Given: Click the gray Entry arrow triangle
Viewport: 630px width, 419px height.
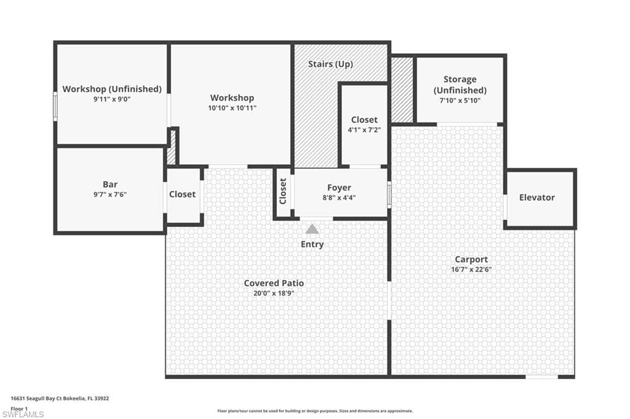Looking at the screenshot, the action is tap(312, 229).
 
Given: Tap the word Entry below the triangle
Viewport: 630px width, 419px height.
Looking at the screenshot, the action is tap(312, 244).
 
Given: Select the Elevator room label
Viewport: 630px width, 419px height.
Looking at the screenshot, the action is tap(536, 197).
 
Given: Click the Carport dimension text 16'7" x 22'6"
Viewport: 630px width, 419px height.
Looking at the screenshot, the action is tap(471, 269).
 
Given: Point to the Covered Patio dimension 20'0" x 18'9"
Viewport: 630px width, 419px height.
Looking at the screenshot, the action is tap(274, 293).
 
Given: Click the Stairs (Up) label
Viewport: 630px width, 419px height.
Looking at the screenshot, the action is tap(330, 65).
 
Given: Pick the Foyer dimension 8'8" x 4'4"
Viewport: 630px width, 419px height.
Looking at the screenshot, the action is tap(339, 197).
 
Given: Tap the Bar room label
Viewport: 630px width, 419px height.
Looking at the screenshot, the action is tap(110, 184).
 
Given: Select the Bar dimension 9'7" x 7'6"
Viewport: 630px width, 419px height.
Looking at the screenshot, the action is tap(110, 194).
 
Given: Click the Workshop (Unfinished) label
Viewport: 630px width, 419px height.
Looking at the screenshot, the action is tap(112, 88).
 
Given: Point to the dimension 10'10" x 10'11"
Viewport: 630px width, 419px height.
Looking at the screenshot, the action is tap(232, 108).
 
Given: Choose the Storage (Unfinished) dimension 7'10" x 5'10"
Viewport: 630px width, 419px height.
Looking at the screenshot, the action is tap(460, 100).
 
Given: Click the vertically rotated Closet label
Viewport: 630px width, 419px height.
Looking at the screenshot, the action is tap(283, 191).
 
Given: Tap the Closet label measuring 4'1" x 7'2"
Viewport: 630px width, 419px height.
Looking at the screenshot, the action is tap(364, 120).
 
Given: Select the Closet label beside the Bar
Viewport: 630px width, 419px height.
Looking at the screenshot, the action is tap(182, 194).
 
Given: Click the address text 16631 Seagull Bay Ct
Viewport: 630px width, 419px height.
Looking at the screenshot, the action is tap(48, 399).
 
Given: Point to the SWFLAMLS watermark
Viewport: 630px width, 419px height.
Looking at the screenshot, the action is tap(23, 414).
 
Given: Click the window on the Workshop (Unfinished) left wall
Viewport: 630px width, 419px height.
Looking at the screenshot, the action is tap(55, 106).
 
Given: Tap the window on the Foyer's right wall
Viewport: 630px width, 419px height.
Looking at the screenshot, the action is tap(389, 195).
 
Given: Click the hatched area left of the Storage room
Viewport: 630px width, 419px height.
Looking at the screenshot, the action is tap(402, 90).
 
